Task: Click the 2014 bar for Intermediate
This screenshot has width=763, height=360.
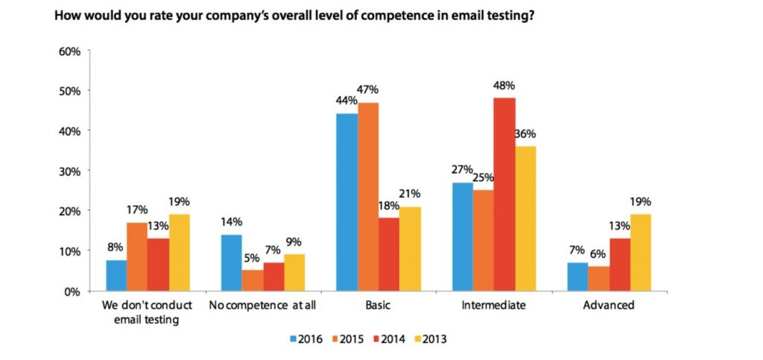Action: tap(504, 195)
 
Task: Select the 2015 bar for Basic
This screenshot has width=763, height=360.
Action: tap(368, 197)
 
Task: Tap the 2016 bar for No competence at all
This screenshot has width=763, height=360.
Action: tap(232, 262)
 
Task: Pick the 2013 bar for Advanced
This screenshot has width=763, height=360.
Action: tap(641, 253)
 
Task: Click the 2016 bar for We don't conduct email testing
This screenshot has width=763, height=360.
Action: tap(116, 275)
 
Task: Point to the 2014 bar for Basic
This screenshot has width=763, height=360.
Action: tap(388, 254)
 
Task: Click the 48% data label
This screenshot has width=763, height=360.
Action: tap(504, 86)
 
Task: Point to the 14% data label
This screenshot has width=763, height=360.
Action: tap(232, 222)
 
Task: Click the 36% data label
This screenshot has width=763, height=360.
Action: tap(525, 134)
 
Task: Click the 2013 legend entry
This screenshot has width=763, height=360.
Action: tap(430, 339)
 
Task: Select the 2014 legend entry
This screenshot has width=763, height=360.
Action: tap(388, 339)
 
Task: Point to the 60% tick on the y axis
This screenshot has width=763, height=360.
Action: tap(69, 51)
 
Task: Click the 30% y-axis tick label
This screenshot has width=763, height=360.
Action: tap(69, 171)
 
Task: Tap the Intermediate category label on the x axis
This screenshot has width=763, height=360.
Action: tap(494, 305)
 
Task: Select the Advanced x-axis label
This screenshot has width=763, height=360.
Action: tap(610, 305)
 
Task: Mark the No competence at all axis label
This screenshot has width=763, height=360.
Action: tap(262, 305)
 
